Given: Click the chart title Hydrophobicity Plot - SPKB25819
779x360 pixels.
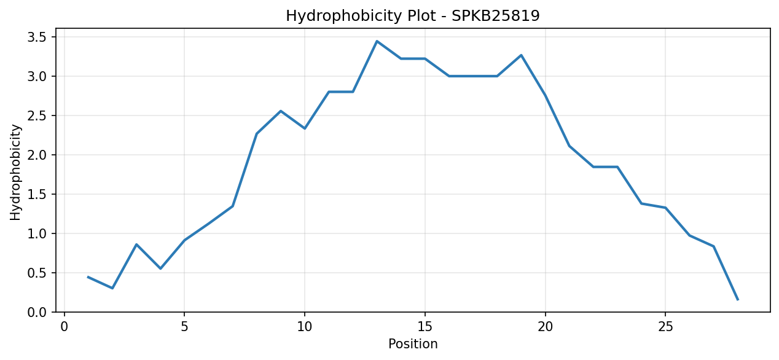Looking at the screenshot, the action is point(412,16).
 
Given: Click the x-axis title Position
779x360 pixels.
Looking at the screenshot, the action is point(413,344).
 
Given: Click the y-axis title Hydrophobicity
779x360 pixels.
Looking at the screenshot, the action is point(15,173).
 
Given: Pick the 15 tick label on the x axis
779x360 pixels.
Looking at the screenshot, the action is point(425,327).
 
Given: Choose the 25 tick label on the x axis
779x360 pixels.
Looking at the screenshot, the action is point(665,327).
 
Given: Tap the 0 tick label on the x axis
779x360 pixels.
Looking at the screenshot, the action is point(64,327).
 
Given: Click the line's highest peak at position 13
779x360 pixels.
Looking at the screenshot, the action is point(377,41).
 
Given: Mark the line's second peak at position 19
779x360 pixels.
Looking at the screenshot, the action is point(521,55).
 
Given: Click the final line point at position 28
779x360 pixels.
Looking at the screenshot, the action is point(737,300).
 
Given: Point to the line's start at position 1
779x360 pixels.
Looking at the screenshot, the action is point(88,277).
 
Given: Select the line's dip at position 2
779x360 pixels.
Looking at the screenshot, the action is point(112,288).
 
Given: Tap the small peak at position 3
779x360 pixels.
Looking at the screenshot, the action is point(136,244).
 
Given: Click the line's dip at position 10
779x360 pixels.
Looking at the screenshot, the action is point(305,128).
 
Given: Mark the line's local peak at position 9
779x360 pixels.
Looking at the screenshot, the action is point(281,111).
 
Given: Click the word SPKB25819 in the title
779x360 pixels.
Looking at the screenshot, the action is point(496,16).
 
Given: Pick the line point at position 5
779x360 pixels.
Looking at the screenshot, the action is point(184,240).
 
